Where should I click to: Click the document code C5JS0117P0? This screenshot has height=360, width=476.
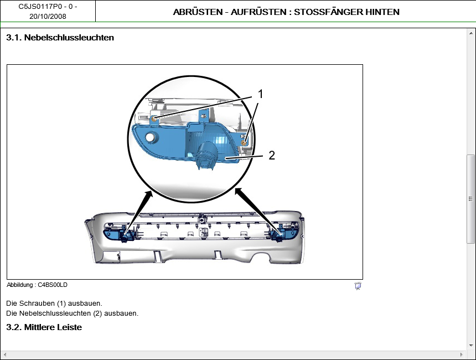(x=39, y=7)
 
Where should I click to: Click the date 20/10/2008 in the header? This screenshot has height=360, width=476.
(x=48, y=17)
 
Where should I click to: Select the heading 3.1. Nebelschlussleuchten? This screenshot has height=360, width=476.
(x=60, y=38)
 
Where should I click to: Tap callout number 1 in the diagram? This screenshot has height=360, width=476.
(x=260, y=94)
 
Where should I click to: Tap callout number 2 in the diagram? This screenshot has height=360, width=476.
(x=272, y=155)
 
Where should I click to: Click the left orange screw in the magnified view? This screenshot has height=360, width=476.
(x=154, y=119)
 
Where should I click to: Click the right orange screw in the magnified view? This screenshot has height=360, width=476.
(x=244, y=142)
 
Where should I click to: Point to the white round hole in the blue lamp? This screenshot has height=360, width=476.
(x=150, y=137)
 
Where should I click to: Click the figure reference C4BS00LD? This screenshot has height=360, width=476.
(x=53, y=285)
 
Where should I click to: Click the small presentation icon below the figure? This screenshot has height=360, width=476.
(x=358, y=286)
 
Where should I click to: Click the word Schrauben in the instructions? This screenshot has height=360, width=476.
(x=37, y=304)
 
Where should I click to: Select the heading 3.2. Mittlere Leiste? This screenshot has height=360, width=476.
(x=44, y=327)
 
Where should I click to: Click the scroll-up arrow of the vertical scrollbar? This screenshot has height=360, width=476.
(x=471, y=33)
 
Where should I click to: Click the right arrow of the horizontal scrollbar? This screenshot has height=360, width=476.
(x=462, y=354)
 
